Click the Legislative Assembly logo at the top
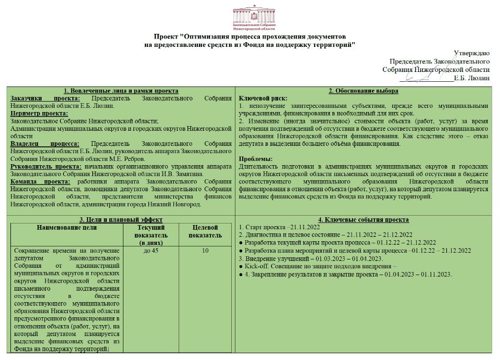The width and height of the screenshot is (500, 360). [x=250, y=16]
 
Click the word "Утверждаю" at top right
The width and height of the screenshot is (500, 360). [x=471, y=53]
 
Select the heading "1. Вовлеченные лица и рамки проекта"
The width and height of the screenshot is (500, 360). [x=121, y=91]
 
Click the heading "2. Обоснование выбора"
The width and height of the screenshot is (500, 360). [x=364, y=91]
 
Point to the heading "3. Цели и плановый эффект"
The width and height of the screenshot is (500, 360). [x=121, y=220]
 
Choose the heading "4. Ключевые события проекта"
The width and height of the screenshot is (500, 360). [x=364, y=220]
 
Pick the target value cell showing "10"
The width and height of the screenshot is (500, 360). [x=205, y=251]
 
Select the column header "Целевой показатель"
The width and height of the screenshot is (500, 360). [x=205, y=231]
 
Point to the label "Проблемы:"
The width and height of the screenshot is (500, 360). [x=255, y=159]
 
